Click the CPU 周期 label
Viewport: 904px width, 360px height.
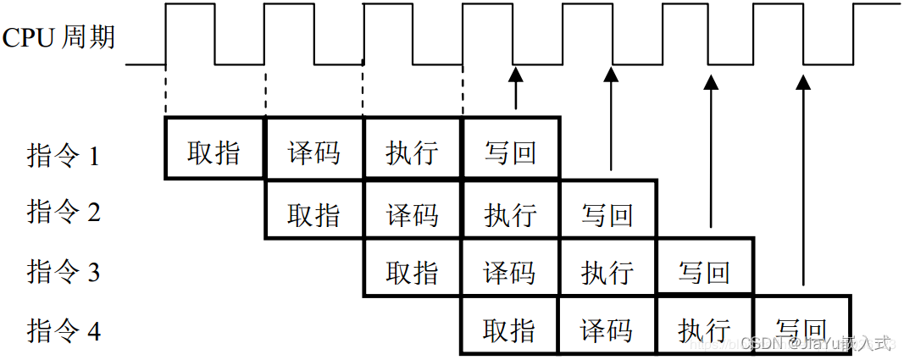click(x=58, y=38)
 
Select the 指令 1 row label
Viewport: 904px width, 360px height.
click(x=64, y=156)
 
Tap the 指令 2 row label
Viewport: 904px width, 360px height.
click(x=64, y=213)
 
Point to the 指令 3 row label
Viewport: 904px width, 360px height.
click(x=64, y=272)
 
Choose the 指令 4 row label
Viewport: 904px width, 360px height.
click(x=64, y=330)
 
